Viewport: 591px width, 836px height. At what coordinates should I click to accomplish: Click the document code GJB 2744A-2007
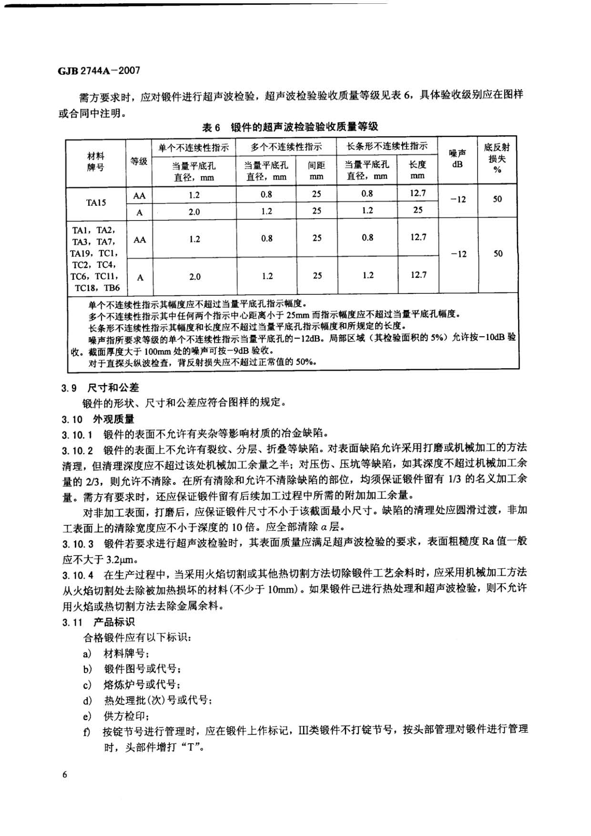(99, 71)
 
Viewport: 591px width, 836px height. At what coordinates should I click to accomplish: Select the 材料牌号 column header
(96, 162)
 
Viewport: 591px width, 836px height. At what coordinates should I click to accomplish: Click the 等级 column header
(139, 161)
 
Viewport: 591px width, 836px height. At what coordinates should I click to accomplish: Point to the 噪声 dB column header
(458, 159)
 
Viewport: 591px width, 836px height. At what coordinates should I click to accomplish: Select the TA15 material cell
(96, 202)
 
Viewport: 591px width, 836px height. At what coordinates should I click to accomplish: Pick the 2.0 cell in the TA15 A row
(194, 212)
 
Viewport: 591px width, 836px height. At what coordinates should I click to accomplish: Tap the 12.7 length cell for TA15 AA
(418, 193)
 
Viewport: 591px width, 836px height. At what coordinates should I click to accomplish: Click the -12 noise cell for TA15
(458, 200)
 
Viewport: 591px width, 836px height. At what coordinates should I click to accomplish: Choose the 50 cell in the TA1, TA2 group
(498, 253)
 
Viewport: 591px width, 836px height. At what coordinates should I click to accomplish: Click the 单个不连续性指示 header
(194, 148)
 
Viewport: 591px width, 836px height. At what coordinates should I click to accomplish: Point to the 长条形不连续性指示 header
(387, 146)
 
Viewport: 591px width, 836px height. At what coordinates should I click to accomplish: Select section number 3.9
(69, 388)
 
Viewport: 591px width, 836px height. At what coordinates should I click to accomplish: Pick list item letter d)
(87, 700)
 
